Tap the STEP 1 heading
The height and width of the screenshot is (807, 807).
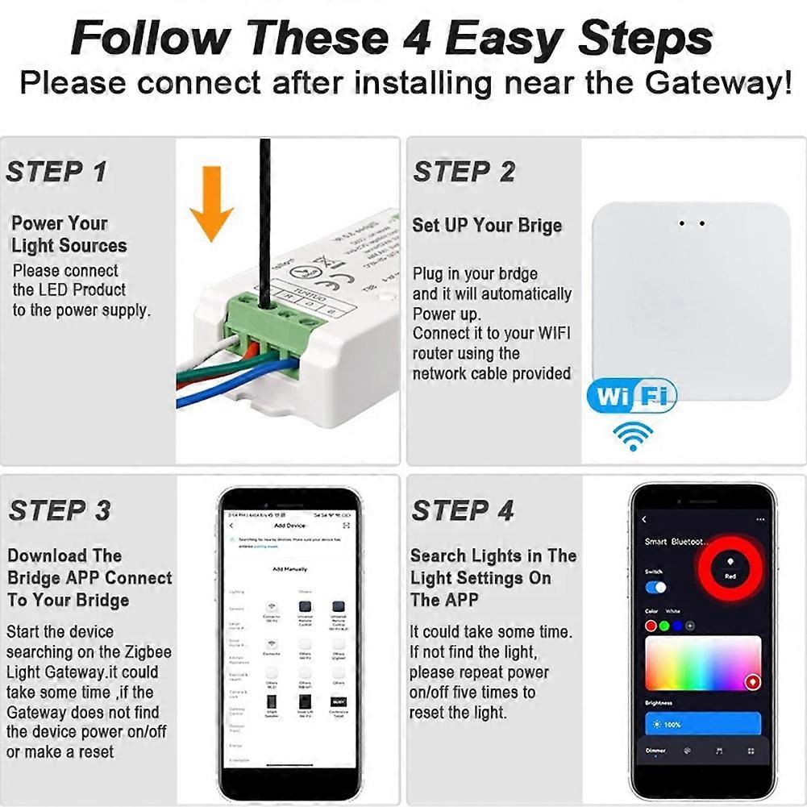point(56,172)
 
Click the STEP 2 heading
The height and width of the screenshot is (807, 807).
point(464,172)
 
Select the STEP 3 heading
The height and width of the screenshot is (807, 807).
point(58,510)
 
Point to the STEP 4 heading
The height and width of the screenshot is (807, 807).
point(463,510)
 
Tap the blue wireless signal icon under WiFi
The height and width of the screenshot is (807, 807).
point(632,436)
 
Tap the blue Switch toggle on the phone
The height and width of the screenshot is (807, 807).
point(655,588)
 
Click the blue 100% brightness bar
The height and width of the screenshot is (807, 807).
point(702,724)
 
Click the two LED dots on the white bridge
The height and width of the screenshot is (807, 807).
point(692,223)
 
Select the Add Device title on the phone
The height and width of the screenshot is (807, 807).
point(290,526)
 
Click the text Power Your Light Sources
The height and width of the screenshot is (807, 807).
point(69,235)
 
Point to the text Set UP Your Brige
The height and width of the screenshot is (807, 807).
point(487,225)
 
